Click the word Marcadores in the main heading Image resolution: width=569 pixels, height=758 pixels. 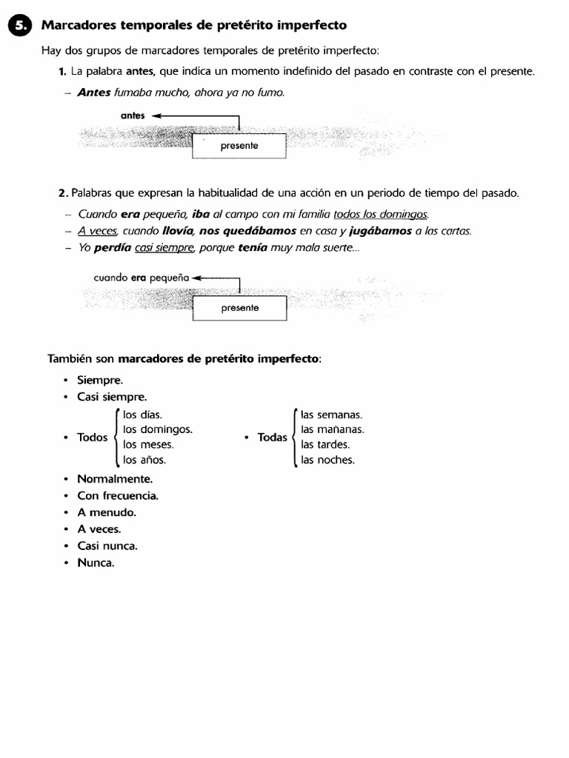point(78,25)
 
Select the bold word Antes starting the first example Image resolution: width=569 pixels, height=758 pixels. point(93,93)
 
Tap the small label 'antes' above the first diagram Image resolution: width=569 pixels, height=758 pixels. point(133,116)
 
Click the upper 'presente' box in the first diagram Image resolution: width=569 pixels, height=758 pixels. point(239,146)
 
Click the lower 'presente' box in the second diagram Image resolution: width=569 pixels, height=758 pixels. point(239,308)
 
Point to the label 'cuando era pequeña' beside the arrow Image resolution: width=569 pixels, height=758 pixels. point(142,278)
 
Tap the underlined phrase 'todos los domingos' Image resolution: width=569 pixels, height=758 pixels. point(381,214)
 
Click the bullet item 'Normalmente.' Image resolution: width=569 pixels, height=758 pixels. point(115,479)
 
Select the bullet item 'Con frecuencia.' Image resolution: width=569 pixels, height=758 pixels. point(118,496)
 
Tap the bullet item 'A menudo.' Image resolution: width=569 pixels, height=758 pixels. point(107,512)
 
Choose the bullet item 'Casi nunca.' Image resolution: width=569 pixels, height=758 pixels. point(107,546)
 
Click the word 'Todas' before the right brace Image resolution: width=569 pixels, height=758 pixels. point(272,437)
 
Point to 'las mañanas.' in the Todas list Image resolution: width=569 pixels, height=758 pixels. point(332,429)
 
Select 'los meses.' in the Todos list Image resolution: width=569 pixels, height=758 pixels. point(148,445)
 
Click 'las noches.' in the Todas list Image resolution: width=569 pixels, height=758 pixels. point(327,460)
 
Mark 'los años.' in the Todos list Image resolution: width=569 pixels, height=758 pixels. point(144,460)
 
